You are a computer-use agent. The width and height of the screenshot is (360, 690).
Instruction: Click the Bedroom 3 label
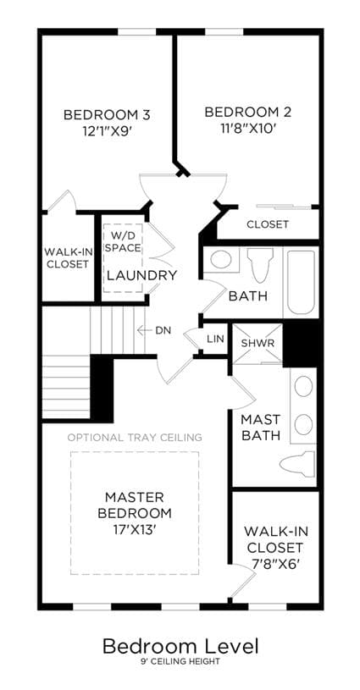tap(107, 115)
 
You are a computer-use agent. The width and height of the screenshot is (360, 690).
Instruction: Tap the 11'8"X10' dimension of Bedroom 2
tap(248, 128)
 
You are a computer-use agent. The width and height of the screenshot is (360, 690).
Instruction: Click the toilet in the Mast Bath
tap(298, 463)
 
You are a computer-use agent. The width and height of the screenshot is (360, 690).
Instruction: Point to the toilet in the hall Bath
tap(258, 265)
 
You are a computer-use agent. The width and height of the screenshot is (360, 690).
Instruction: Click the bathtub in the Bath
tap(302, 283)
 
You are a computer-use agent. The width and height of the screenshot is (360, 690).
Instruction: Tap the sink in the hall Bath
tap(220, 259)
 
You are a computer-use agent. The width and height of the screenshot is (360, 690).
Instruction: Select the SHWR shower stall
tap(257, 344)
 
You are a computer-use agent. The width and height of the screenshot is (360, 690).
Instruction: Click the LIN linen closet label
tap(216, 339)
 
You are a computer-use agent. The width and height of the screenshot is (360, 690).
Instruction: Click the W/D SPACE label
tap(123, 241)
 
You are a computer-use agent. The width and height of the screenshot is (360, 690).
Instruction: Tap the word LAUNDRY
tap(142, 275)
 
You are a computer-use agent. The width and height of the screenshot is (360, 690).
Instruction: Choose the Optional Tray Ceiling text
tap(135, 438)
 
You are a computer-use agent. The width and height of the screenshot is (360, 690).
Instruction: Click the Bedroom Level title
tap(180, 646)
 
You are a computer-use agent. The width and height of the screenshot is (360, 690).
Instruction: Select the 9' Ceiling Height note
tap(180, 661)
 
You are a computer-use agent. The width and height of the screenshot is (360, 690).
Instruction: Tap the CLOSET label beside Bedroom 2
tap(268, 224)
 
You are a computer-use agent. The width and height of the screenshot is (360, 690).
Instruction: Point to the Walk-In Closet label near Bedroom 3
tap(67, 258)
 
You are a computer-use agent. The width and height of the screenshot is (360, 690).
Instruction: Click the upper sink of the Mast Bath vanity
tap(303, 386)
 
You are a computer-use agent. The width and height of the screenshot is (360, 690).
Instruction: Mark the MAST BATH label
tap(261, 427)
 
